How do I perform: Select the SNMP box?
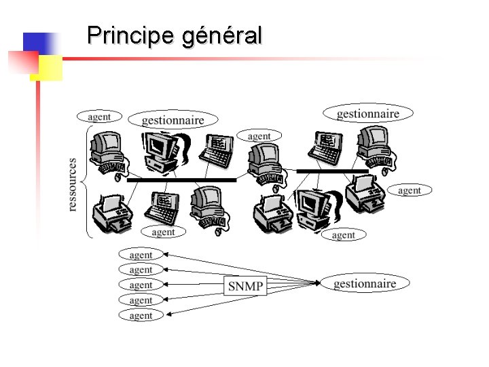244,285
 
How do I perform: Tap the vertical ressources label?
73,184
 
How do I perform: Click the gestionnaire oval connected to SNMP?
365,283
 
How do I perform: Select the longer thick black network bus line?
183,180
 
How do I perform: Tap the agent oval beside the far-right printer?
409,190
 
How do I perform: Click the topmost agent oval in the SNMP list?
141,255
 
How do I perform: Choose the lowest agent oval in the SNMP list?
141,315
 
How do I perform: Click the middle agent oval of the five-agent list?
141,285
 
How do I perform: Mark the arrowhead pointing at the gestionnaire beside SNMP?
317,283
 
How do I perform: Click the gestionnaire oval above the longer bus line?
173,120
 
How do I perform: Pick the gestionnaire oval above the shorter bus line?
367,113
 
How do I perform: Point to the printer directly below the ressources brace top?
113,211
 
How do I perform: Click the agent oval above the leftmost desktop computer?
99,116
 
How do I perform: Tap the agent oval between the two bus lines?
259,136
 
